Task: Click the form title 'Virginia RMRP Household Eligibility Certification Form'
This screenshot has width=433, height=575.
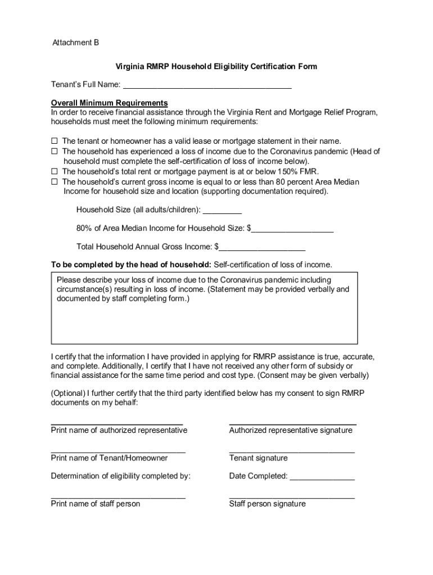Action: tap(216, 66)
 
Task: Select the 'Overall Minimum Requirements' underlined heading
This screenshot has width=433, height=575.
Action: tap(109, 103)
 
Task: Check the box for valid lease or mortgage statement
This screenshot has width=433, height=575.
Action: tap(55, 142)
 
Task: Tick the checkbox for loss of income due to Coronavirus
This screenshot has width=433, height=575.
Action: tap(55, 152)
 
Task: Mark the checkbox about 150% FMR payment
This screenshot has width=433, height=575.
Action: tap(55, 171)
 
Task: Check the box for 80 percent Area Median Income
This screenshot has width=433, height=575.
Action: tap(55, 182)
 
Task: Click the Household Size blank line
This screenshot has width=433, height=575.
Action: tap(222, 212)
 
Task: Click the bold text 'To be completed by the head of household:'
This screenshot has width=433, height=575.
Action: tap(131, 264)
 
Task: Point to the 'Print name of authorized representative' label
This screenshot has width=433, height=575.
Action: tap(119, 430)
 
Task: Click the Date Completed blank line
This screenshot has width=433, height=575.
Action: tap(322, 478)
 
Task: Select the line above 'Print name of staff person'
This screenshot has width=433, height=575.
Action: tap(118, 497)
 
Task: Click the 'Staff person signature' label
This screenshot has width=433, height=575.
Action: tap(267, 504)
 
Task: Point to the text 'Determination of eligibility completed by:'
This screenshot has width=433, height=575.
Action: tap(121, 476)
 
